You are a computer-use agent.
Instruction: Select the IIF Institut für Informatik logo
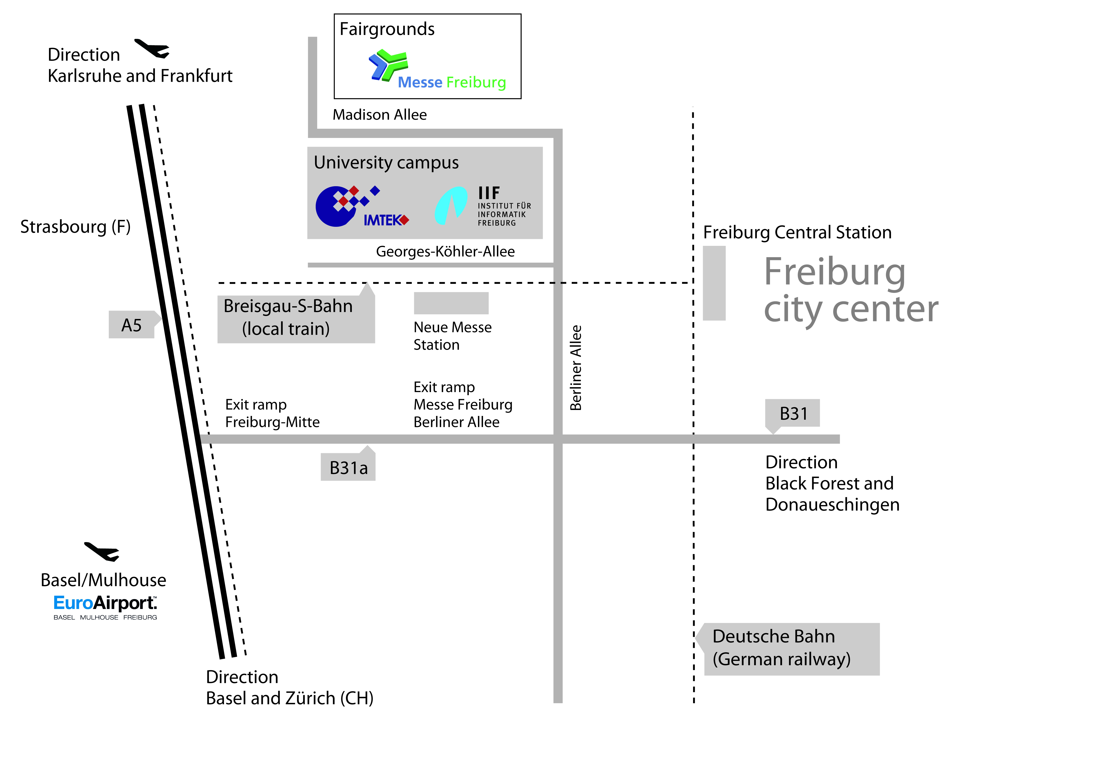pos(482,206)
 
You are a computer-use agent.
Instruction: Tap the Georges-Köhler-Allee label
pos(445,251)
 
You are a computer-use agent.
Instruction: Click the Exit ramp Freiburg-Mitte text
pos(272,413)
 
